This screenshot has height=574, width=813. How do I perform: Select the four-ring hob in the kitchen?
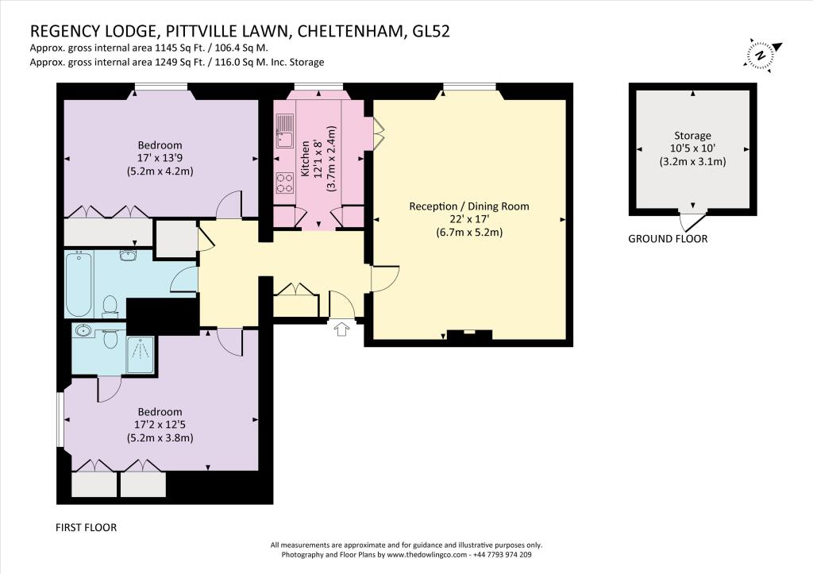285,183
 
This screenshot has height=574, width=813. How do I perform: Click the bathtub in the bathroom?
79,283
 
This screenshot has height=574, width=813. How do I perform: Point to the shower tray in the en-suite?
140,355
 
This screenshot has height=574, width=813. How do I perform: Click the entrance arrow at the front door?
341,329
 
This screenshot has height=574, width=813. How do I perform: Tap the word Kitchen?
305,158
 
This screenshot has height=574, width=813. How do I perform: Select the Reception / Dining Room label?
469,206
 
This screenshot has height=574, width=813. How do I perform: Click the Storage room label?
692,136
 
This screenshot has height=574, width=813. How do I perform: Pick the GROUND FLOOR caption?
668,239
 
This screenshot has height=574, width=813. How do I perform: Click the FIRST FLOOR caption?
86,528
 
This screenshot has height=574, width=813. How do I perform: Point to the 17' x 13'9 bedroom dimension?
160,158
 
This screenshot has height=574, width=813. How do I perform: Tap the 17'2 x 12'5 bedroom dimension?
160,425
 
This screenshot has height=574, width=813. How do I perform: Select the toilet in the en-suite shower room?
110,338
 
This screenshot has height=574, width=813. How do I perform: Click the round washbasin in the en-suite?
83,330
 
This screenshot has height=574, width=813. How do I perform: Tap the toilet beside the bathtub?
110,306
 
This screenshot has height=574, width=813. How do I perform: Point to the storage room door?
693,221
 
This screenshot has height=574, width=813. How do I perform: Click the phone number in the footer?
502,555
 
